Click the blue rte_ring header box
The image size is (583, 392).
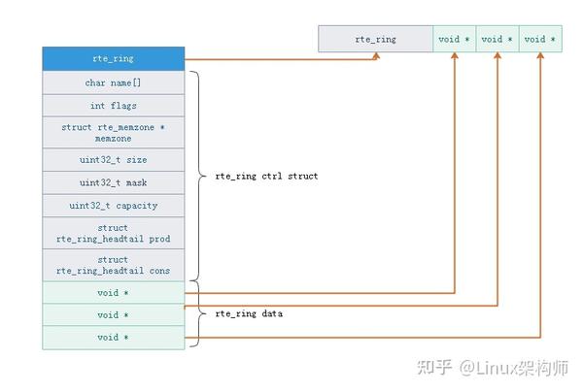[114, 58]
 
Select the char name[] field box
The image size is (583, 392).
[114, 82]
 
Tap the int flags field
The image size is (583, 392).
[114, 106]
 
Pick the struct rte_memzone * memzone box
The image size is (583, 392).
[114, 133]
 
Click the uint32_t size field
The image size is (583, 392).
[114, 160]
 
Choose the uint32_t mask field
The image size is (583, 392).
[114, 182]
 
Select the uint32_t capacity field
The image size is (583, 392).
[114, 206]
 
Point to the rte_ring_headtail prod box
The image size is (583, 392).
[114, 233]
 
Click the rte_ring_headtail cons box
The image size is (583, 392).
[114, 265]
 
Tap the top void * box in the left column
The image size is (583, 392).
[114, 292]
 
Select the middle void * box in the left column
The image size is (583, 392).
[114, 315]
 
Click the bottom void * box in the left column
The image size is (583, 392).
[114, 338]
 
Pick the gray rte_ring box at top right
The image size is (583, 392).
[375, 39]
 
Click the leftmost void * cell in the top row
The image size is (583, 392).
[455, 39]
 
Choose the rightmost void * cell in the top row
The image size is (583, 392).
[540, 39]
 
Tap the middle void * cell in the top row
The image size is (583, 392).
[497, 39]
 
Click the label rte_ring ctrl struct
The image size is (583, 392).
[266, 176]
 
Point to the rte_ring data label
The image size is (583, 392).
[249, 313]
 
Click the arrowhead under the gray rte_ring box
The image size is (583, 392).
[376, 55]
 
